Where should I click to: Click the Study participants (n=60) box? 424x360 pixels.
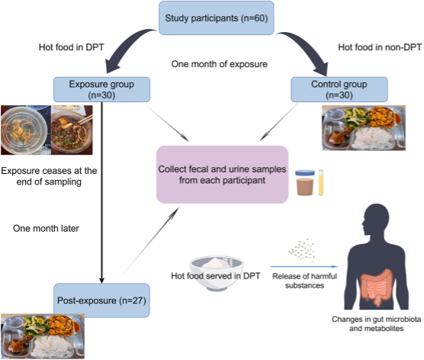click(x=217, y=18)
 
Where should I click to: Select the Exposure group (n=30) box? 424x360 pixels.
click(x=101, y=89)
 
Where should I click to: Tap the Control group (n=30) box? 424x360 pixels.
click(x=339, y=89)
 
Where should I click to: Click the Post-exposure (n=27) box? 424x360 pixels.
click(x=101, y=301)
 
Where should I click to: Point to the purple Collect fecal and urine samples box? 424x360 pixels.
click(x=222, y=175)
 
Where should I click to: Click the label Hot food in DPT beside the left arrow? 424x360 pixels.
click(x=72, y=47)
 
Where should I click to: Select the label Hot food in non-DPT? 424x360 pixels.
click(x=380, y=47)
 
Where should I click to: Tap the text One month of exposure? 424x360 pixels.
click(x=220, y=64)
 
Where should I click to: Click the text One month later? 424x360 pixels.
click(x=46, y=229)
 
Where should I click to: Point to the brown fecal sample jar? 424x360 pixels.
click(x=305, y=182)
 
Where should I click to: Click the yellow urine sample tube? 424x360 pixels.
click(x=321, y=182)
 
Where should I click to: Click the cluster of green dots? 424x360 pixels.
click(x=302, y=250)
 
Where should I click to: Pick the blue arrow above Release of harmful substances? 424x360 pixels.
click(x=304, y=267)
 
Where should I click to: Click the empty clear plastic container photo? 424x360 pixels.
click(x=26, y=130)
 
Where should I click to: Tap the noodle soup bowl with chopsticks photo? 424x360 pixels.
click(x=72, y=130)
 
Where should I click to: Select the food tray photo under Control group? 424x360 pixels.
click(x=364, y=127)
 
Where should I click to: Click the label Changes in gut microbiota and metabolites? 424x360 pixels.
click(x=376, y=323)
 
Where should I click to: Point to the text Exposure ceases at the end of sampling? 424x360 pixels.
click(x=49, y=176)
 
